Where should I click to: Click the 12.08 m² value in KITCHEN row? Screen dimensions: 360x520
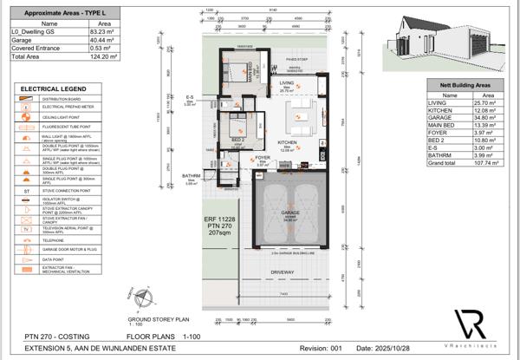pyautogui.click(x=487, y=110)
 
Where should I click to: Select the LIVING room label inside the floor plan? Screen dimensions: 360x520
pyautogui.click(x=286, y=83)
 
